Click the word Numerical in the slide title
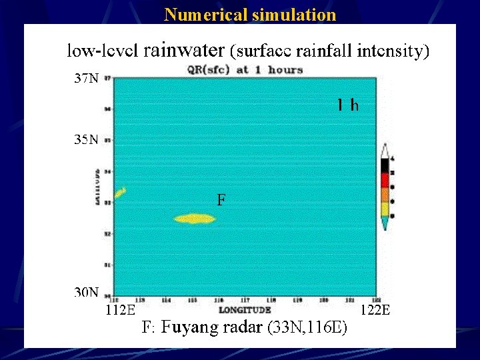[x=206, y=14]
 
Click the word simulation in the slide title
[x=294, y=14]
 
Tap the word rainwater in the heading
[x=184, y=49]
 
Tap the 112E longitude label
[x=121, y=309]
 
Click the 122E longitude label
[x=375, y=309]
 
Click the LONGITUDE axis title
[x=245, y=310]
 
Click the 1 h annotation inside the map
[x=347, y=105]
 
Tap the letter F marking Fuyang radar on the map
[x=221, y=199]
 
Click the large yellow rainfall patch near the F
[x=193, y=218]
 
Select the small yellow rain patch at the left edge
[x=120, y=193]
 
